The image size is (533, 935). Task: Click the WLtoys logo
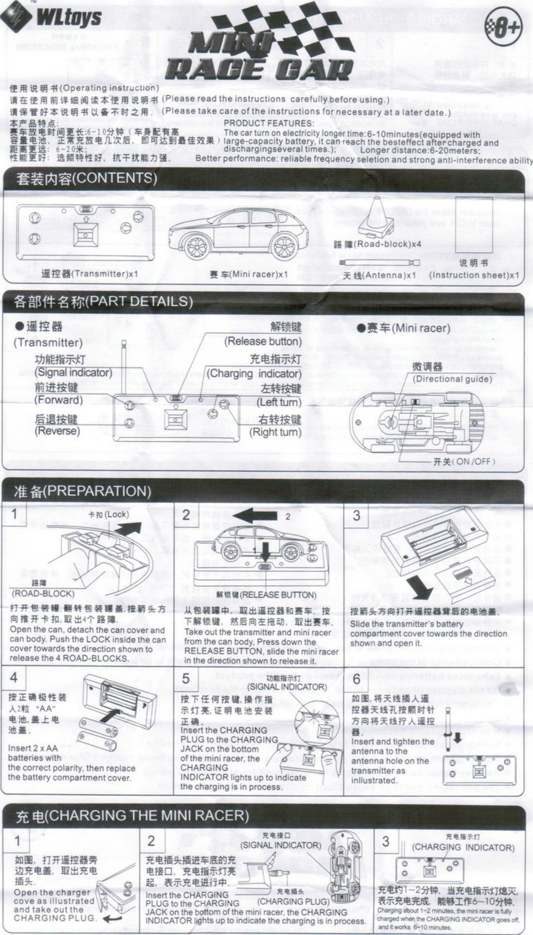pyautogui.click(x=52, y=16)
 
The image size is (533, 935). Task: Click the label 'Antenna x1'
pyautogui.click(x=379, y=275)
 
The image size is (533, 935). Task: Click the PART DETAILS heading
pyautogui.click(x=103, y=302)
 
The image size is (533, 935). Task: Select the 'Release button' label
pyautogui.click(x=263, y=341)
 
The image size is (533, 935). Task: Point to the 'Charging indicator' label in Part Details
pyautogui.click(x=254, y=374)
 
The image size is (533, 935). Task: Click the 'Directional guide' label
pyautogui.click(x=452, y=379)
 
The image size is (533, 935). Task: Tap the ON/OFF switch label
pyautogui.click(x=464, y=461)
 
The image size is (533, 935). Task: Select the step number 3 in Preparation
pyautogui.click(x=356, y=515)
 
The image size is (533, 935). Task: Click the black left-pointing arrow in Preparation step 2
pyautogui.click(x=255, y=517)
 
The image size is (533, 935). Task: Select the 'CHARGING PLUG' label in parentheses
pyautogui.click(x=293, y=901)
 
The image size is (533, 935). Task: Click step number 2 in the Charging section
pyautogui.click(x=151, y=841)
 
